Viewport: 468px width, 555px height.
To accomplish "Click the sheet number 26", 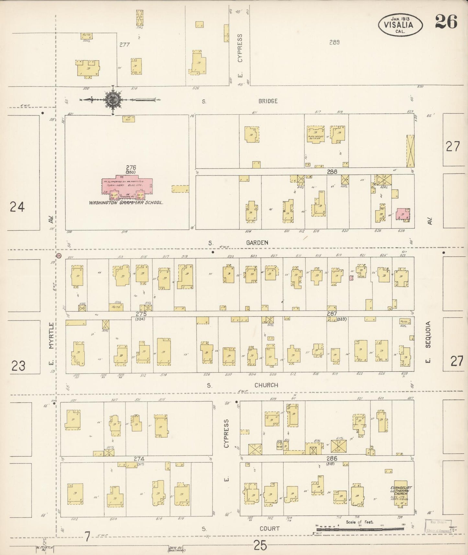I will (x=446, y=22).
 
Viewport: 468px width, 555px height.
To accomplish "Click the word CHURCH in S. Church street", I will (x=266, y=385).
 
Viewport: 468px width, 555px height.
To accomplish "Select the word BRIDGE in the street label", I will (x=268, y=101).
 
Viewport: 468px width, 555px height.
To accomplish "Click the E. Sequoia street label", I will (x=428, y=342).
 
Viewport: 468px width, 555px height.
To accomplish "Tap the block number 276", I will (x=131, y=167).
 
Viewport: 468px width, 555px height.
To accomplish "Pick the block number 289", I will (x=334, y=42).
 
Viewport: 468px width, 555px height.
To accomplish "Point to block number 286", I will (x=332, y=458).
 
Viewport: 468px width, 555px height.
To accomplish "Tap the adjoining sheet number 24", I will (x=17, y=206).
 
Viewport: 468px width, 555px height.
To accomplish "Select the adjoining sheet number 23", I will (x=18, y=366).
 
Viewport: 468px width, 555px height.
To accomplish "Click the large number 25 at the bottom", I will (x=260, y=546).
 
